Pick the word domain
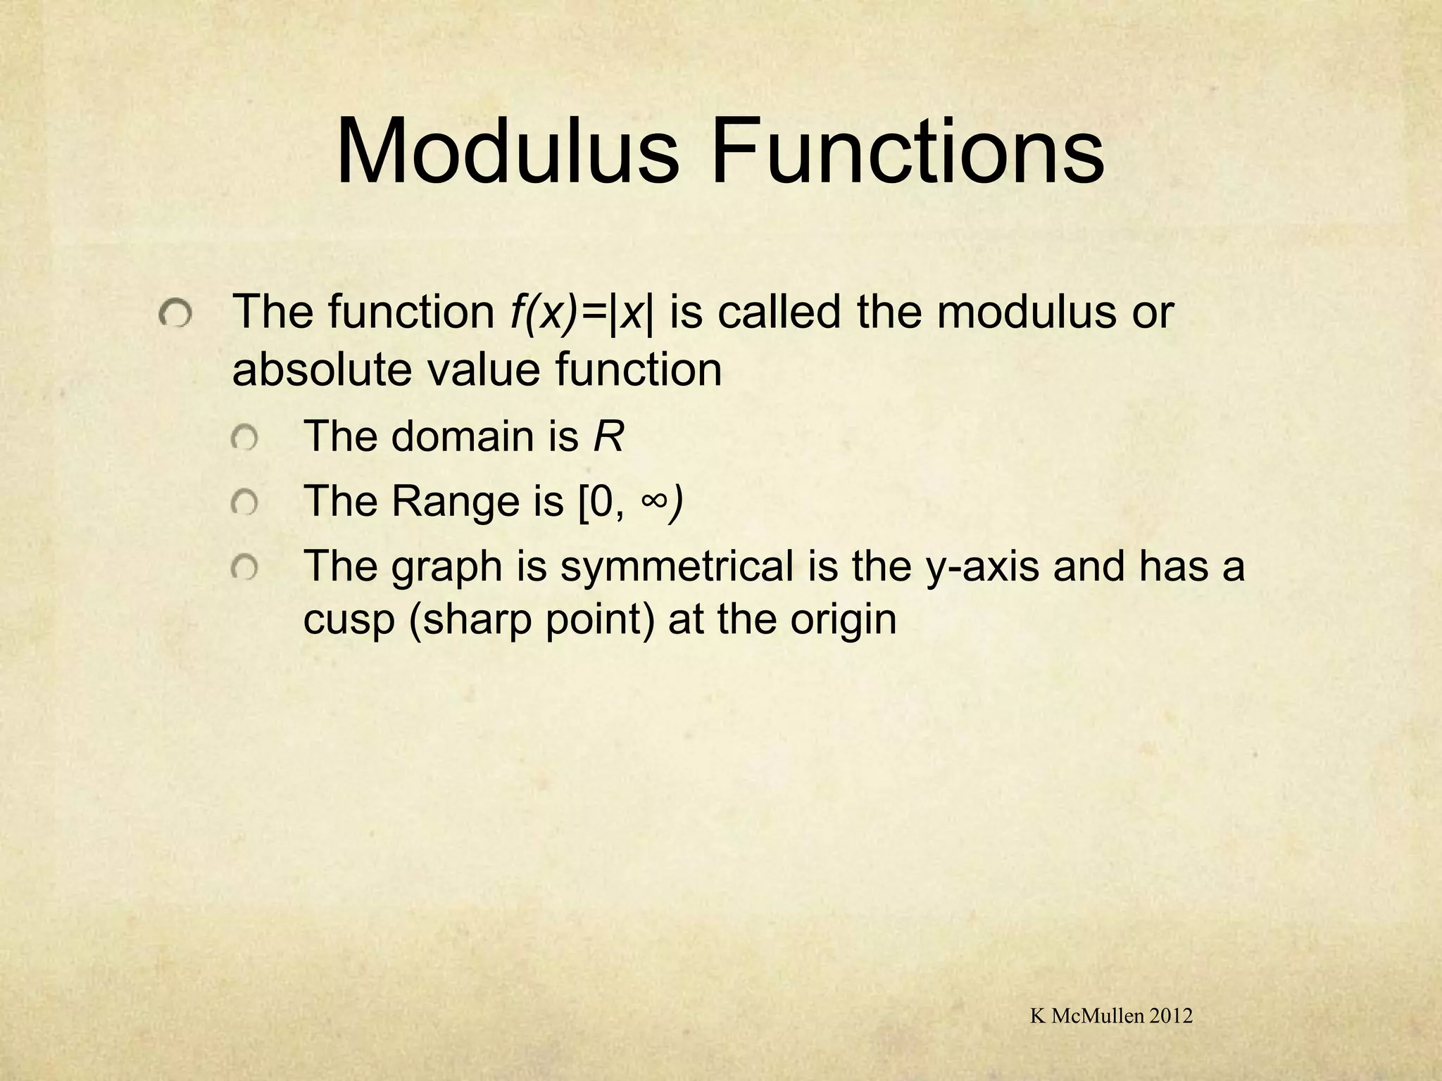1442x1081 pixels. tap(463, 436)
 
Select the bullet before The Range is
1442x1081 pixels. tap(245, 503)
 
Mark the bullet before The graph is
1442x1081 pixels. tap(245, 568)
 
